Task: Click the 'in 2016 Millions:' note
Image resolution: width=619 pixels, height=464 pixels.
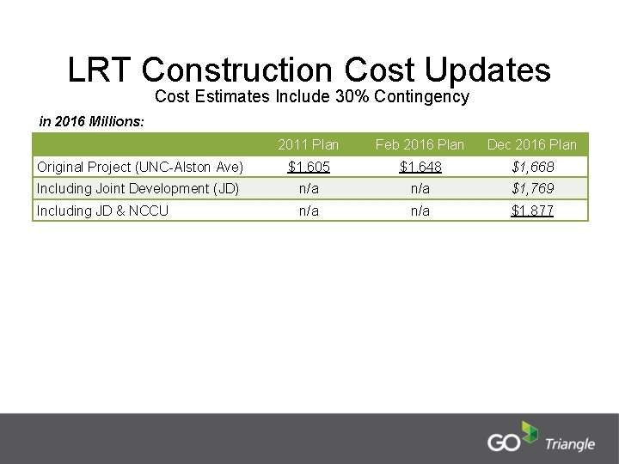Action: point(92,121)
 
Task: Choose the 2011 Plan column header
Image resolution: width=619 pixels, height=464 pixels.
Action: point(309,144)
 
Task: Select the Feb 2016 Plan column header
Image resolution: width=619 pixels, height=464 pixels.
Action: point(420,144)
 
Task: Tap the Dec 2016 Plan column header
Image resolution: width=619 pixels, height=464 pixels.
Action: point(532,144)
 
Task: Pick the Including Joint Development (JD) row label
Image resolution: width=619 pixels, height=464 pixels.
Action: point(138,188)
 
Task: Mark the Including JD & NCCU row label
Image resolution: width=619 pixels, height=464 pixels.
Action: point(102,211)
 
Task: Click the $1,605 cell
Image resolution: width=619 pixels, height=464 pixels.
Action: point(309,166)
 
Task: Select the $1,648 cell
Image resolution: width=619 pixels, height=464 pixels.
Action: point(420,166)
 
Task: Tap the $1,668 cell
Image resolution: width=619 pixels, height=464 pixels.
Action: point(532,166)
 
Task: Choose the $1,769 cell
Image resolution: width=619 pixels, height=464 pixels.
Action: point(532,188)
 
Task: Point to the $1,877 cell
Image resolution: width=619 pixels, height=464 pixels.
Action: point(532,211)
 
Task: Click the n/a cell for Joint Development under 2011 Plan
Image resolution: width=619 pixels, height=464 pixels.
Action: point(309,188)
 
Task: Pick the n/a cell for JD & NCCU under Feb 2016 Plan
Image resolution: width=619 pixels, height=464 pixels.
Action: point(420,211)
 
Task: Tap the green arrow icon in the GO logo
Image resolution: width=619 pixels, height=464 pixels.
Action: point(530,434)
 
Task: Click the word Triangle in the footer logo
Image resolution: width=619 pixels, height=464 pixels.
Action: point(569,444)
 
